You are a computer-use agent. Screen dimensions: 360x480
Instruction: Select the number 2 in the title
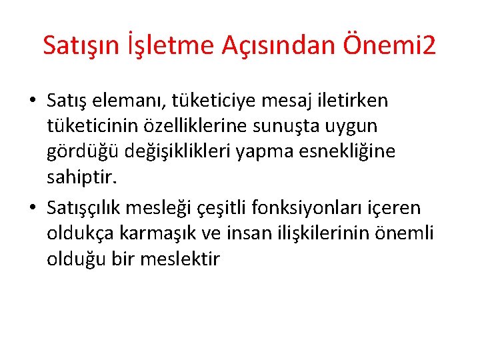coord(429,45)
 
